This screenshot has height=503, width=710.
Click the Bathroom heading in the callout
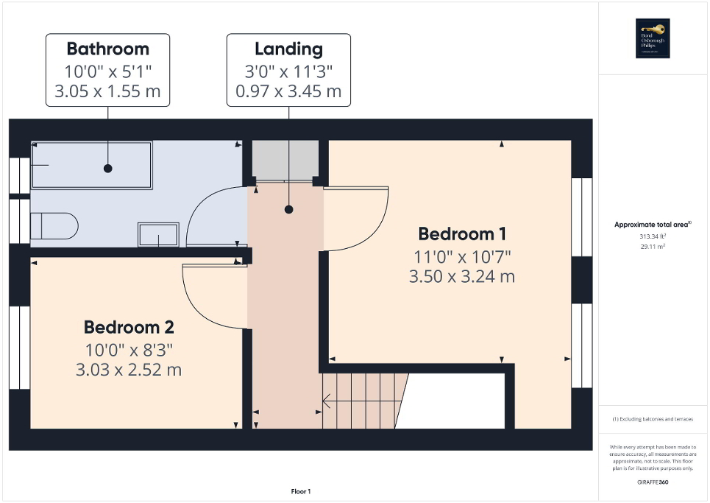107,49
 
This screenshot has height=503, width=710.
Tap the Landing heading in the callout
288,49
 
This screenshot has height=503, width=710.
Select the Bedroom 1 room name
461,234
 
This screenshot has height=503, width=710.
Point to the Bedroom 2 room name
128,327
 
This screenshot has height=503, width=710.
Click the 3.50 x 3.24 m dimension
461,277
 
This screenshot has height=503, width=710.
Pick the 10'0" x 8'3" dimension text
128,349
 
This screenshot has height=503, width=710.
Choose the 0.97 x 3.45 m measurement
288,91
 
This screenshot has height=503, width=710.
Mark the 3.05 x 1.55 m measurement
107,91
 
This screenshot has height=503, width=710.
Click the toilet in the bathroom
54,226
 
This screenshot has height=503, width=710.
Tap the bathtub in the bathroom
90,165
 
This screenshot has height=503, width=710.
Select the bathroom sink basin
158,235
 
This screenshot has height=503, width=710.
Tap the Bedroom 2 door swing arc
210,298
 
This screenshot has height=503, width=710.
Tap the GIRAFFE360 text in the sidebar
654,481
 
